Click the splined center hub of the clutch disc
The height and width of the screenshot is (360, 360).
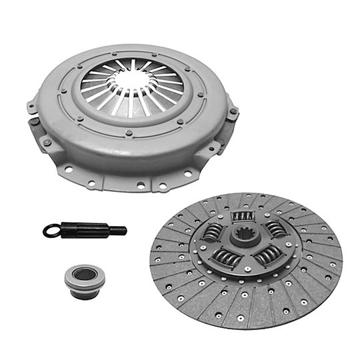tap(247, 237)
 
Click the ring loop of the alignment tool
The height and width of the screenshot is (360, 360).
tap(51, 231)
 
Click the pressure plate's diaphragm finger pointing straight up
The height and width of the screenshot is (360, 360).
tap(132, 65)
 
